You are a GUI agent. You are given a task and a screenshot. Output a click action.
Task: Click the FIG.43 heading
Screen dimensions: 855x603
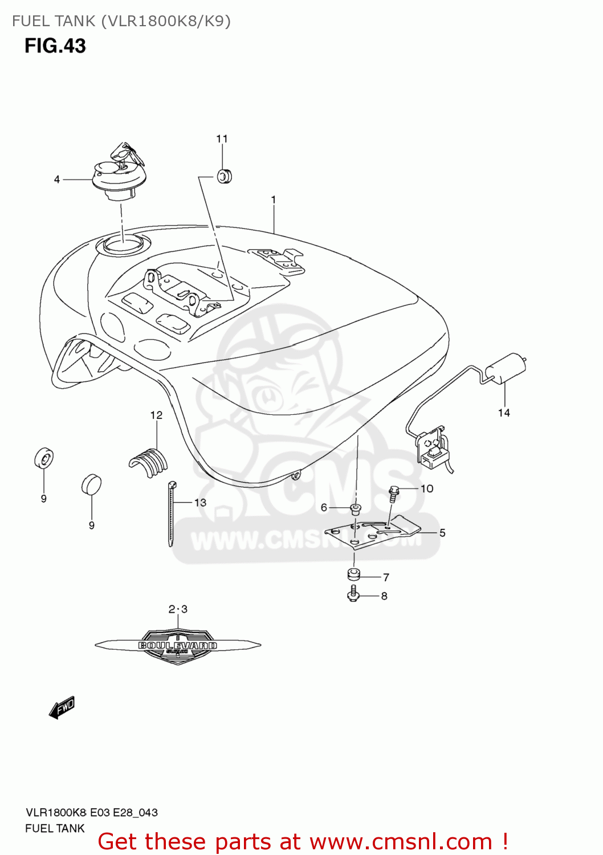pos(55,46)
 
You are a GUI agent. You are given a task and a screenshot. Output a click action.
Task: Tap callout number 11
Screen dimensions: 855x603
pos(222,139)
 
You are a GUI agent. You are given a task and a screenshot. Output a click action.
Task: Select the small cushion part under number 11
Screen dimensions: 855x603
pos(224,177)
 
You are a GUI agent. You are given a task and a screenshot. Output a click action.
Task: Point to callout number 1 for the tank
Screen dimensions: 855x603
pos(274,199)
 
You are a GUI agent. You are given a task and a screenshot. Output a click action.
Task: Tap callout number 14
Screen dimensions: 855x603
pos(504,413)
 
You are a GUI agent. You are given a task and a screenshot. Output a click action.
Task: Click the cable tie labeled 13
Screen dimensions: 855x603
pos(171,513)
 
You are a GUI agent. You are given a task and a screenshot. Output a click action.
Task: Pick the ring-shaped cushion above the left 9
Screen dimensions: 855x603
pos(44,458)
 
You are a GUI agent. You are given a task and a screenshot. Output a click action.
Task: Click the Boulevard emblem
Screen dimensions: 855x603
pos(178,645)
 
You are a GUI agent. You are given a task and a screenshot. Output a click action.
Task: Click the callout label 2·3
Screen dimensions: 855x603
pos(178,609)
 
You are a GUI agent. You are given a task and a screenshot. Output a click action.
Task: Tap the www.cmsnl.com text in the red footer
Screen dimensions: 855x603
pos(401,841)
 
